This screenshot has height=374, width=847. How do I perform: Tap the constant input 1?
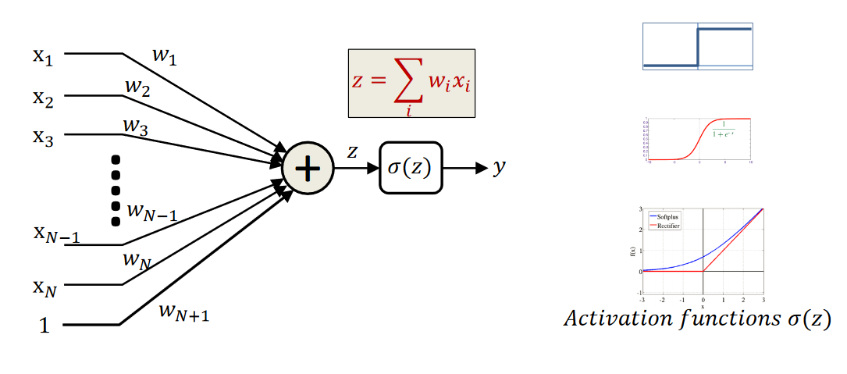44,325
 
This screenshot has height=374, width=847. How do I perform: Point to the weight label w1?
163,56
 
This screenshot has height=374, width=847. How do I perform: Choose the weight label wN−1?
151,211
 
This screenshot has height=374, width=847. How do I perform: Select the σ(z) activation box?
411,167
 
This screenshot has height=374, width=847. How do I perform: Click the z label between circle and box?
352,152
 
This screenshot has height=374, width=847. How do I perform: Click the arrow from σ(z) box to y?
466,167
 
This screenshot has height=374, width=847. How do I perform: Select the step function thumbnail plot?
697,47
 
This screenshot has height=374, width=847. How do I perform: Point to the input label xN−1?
55,235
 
